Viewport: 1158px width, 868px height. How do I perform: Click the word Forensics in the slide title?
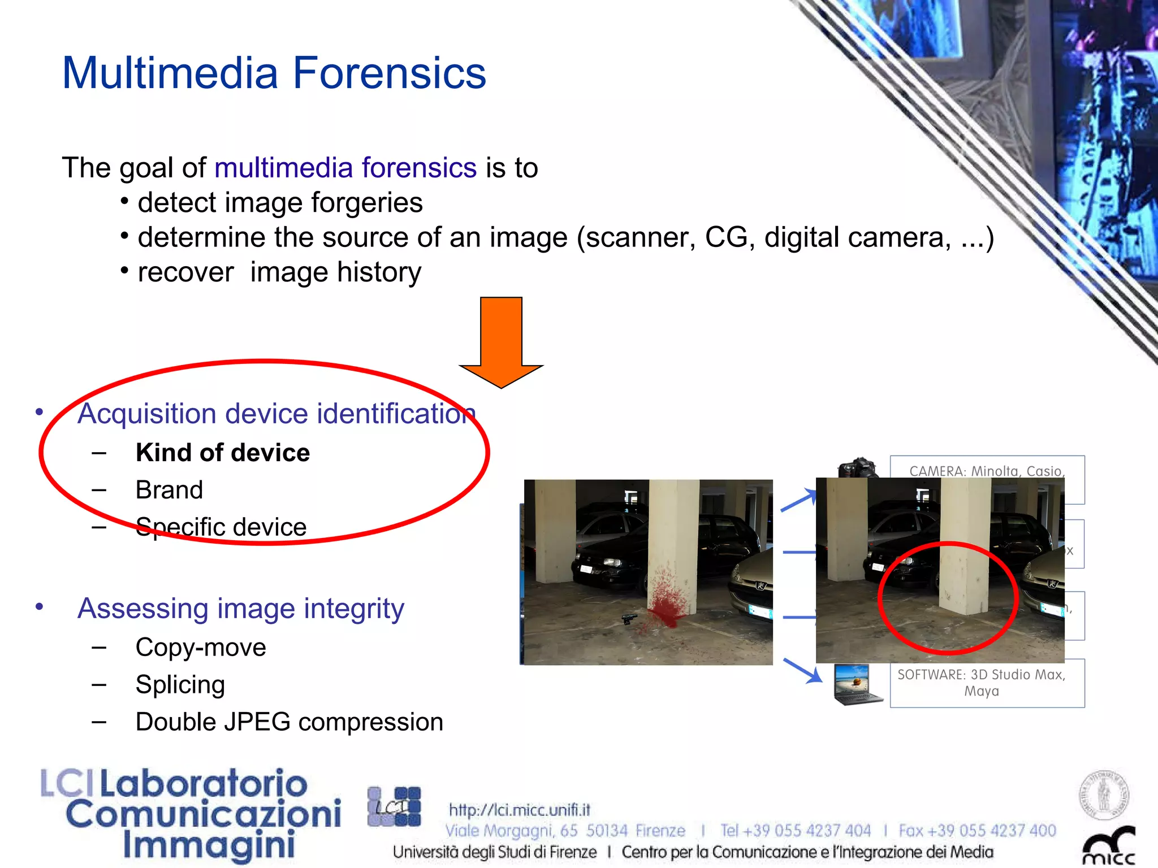tap(389, 73)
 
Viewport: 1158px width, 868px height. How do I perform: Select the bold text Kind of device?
tap(223, 453)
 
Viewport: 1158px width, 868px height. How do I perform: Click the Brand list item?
tap(169, 490)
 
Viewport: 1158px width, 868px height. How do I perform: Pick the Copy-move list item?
tap(201, 648)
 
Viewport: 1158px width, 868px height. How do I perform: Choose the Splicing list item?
tap(180, 684)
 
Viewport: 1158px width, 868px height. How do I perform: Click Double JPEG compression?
tap(289, 722)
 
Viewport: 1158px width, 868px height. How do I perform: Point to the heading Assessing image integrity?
tap(241, 609)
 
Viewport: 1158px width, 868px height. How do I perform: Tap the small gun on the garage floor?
tap(628, 619)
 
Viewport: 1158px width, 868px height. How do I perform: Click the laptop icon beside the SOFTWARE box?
tap(857, 684)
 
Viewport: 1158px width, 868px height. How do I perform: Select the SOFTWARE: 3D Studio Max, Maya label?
tap(982, 683)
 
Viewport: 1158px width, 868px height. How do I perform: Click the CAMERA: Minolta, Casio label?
tap(987, 471)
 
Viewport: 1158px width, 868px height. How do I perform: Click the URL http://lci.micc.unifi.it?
tap(520, 810)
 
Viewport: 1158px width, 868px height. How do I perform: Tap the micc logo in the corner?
tap(1109, 848)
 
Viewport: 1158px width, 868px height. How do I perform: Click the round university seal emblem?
tap(1104, 795)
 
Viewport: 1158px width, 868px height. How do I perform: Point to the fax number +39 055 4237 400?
tap(978, 831)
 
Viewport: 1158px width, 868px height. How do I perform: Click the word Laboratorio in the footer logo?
tap(204, 784)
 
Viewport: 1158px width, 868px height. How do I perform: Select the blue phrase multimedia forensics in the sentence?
tap(345, 168)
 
